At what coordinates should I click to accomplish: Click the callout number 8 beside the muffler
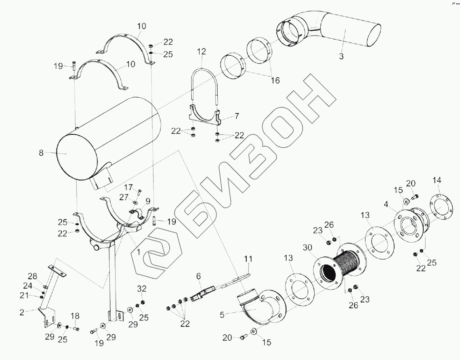point(41,153)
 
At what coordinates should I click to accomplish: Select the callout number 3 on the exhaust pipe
point(341,57)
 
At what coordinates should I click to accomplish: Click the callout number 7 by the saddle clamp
point(237,116)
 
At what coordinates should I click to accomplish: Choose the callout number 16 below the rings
point(275,80)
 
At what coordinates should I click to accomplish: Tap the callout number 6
point(198,276)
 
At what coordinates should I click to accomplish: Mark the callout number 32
point(142,289)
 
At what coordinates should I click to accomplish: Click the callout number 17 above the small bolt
point(128,187)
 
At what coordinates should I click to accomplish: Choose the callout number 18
point(76,316)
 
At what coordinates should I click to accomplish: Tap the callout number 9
point(147,201)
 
